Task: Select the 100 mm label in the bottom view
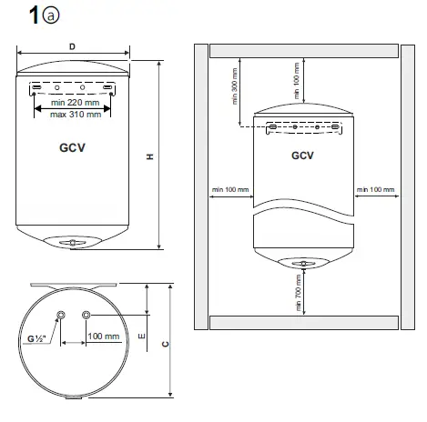click(x=104, y=337)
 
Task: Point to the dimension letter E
click(x=139, y=336)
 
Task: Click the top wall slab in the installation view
click(x=303, y=51)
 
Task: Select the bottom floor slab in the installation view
click(x=303, y=321)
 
